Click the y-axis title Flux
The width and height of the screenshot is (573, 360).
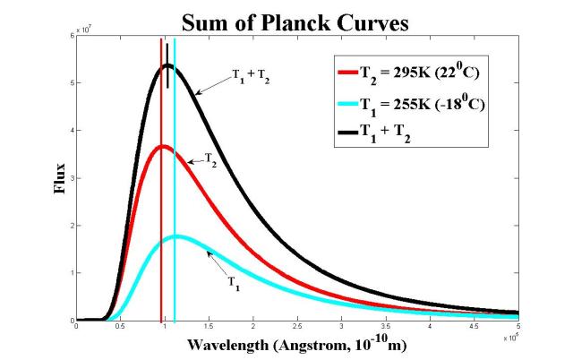pyautogui.click(x=58, y=178)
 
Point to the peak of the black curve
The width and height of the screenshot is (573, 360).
pyautogui.click(x=167, y=65)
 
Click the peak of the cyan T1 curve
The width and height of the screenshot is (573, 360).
pyautogui.click(x=176, y=236)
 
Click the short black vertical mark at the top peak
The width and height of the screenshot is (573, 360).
pyautogui.click(x=167, y=77)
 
